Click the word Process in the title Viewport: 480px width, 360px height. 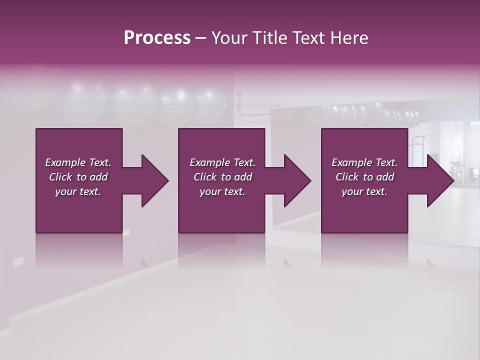point(157,38)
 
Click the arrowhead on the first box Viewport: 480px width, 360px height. point(152,180)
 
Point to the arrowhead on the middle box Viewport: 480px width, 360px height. point(294,180)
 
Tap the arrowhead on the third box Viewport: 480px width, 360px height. point(437,180)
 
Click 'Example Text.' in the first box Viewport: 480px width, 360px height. point(78,162)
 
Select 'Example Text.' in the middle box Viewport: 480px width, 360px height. point(222,162)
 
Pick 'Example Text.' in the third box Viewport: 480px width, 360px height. point(364,162)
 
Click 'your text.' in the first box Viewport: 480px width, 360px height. point(78,191)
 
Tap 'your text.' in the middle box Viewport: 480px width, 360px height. point(222,191)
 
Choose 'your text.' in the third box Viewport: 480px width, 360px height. point(364,191)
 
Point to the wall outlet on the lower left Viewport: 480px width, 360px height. point(18,260)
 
